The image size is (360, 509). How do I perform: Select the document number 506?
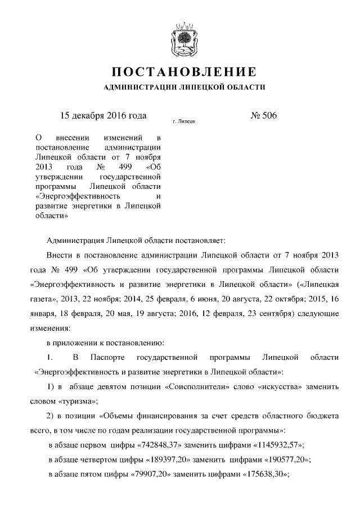coord(268,116)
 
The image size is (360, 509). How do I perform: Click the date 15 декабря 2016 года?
coord(103,116)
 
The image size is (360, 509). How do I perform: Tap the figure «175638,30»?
coord(264,474)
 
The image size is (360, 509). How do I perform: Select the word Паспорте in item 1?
coord(111,357)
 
